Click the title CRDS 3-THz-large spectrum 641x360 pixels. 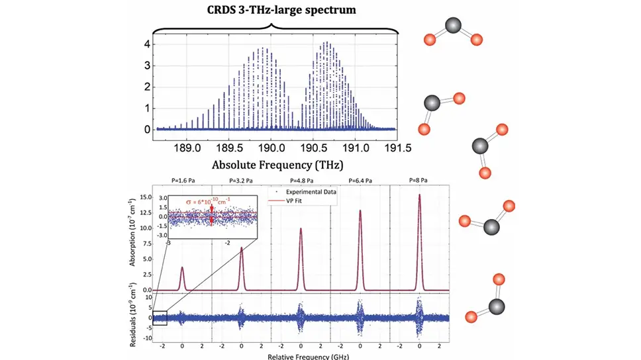pyautogui.click(x=271, y=11)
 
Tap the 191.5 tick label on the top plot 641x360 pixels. pyautogui.click(x=395, y=147)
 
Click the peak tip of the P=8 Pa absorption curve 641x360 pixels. pyautogui.click(x=419, y=195)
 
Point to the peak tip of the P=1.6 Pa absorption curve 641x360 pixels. pyautogui.click(x=182, y=267)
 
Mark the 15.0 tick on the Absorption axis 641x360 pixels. pyautogui.click(x=144, y=197)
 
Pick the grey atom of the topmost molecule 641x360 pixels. pyautogui.click(x=452, y=26)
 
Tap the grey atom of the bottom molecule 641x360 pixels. pyautogui.click(x=494, y=307)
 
